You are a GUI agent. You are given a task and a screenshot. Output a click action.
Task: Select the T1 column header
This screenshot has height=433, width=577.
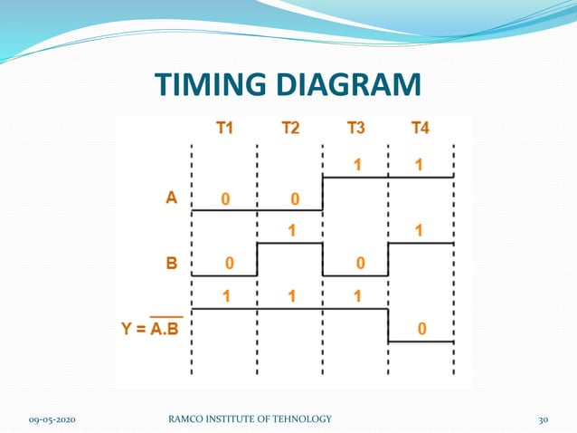click(x=223, y=128)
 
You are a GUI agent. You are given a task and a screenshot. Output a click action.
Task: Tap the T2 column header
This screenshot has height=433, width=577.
click(x=289, y=128)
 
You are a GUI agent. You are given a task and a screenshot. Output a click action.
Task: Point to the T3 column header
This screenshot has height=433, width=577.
click(x=355, y=128)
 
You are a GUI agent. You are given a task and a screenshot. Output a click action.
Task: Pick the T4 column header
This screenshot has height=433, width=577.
click(x=420, y=128)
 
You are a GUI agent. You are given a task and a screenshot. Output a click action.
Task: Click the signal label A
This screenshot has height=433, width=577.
click(x=171, y=197)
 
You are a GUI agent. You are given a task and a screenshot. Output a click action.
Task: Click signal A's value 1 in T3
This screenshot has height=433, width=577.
click(x=356, y=165)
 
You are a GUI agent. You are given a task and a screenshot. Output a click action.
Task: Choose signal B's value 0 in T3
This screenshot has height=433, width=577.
click(x=359, y=264)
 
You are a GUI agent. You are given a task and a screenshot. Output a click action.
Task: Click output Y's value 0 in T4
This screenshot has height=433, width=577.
click(x=421, y=329)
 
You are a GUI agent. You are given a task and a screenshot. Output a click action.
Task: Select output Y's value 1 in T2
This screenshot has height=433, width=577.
click(x=291, y=296)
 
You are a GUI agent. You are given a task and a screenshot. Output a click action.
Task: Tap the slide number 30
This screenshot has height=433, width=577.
click(x=544, y=419)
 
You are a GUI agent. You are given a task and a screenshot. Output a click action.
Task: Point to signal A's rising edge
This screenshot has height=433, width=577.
click(x=323, y=194)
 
